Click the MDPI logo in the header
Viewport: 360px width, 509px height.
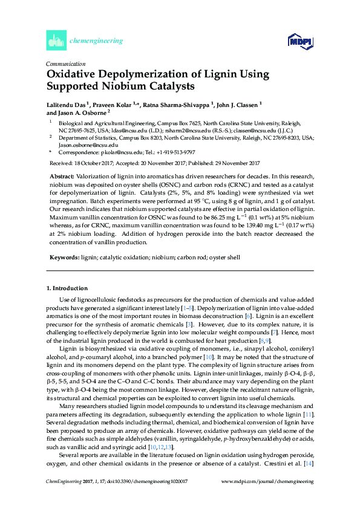(x=299, y=41)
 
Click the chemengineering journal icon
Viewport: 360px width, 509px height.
(x=55, y=41)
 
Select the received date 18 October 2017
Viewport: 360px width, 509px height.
(x=93, y=163)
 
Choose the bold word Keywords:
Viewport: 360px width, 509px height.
(x=64, y=257)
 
